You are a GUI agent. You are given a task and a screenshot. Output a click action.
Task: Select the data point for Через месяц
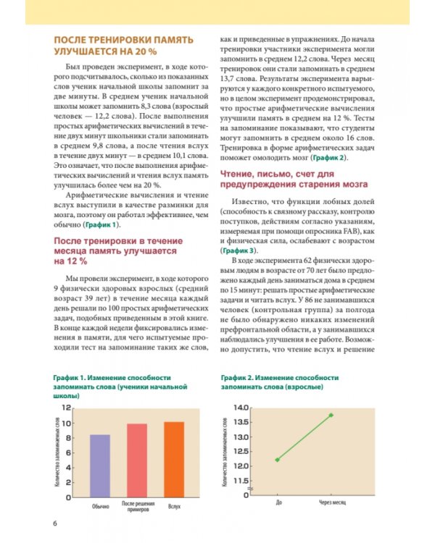coord(331,415)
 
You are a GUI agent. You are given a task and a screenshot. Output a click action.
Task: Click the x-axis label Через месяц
coord(331,502)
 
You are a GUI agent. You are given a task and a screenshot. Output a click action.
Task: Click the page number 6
coord(53,523)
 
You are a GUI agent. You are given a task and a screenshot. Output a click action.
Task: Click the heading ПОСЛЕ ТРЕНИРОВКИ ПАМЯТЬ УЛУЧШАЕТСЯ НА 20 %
coord(114,46)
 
